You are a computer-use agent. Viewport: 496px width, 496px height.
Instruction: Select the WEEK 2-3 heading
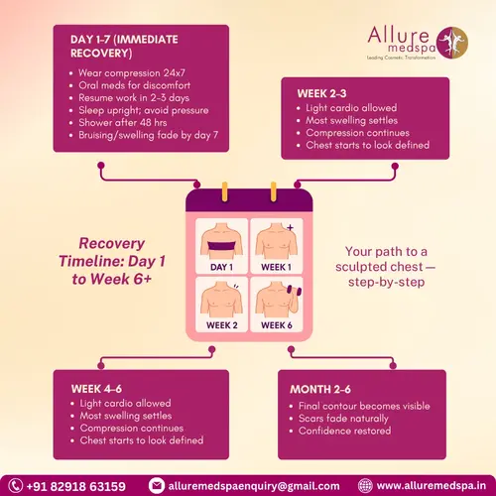coord(323,93)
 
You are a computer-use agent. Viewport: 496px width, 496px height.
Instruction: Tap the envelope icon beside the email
coord(156,486)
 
